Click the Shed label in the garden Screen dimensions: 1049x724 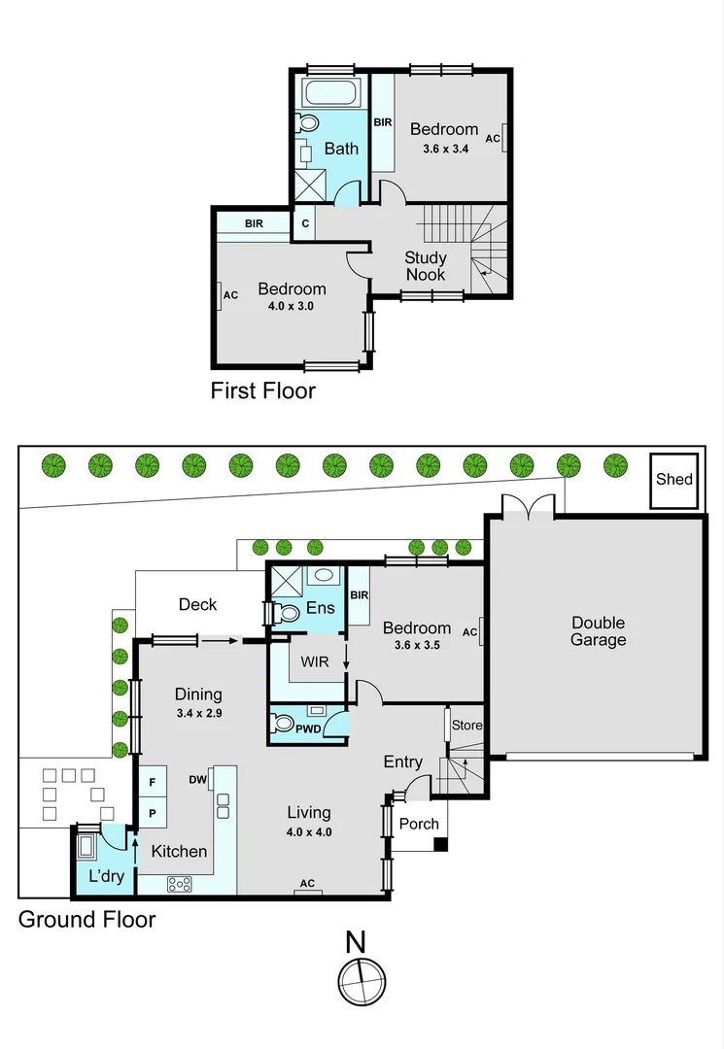pyautogui.click(x=673, y=479)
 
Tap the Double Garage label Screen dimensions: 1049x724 pyautogui.click(x=598, y=631)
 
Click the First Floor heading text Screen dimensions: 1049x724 pyautogui.click(x=263, y=390)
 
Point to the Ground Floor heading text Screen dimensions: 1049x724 pyautogui.click(x=87, y=919)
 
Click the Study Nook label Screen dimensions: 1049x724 pyautogui.click(x=426, y=266)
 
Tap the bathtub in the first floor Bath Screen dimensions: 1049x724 pyautogui.click(x=330, y=94)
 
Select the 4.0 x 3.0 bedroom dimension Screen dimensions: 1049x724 pyautogui.click(x=292, y=306)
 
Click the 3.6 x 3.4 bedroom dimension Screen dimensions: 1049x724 pyautogui.click(x=445, y=149)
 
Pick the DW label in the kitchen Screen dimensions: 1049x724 pyautogui.click(x=198, y=779)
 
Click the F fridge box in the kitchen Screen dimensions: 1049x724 pyautogui.click(x=153, y=781)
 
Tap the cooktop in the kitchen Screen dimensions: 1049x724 pyautogui.click(x=180, y=883)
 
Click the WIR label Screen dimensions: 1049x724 pyautogui.click(x=316, y=661)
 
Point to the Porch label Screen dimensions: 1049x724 pyautogui.click(x=420, y=824)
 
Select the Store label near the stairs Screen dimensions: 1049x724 pyautogui.click(x=465, y=725)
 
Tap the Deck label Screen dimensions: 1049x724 pyautogui.click(x=197, y=604)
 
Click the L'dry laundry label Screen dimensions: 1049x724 pyautogui.click(x=103, y=875)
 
